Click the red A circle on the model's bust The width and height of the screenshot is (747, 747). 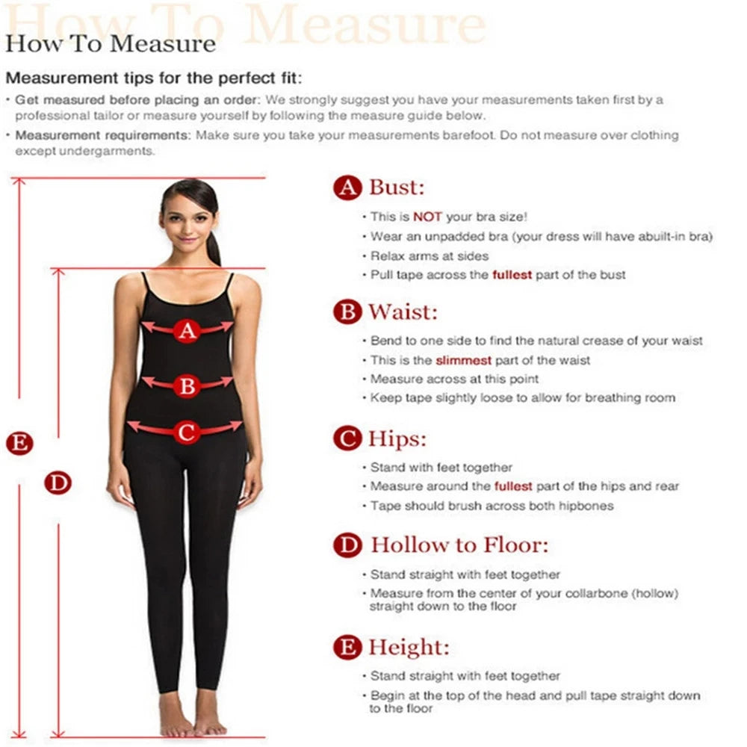pos(187,329)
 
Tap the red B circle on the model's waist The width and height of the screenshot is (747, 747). pos(187,386)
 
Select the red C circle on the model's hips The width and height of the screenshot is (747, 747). pos(187,431)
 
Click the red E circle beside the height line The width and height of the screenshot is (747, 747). pos(19,444)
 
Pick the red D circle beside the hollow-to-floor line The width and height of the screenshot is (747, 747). pos(58,483)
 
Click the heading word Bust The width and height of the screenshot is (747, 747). pos(397,187)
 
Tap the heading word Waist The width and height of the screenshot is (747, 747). pos(403,311)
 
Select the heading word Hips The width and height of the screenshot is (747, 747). pos(397,438)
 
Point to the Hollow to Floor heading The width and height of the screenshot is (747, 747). pos(459,545)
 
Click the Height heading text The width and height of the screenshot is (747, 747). pos(409,647)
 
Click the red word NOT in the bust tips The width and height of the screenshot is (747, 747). pos(428,217)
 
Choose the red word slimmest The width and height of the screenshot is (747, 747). pos(463,360)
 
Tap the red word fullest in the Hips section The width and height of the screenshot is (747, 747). pos(513,486)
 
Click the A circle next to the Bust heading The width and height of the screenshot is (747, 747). pos(347,187)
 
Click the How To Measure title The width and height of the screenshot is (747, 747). pos(111,43)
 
